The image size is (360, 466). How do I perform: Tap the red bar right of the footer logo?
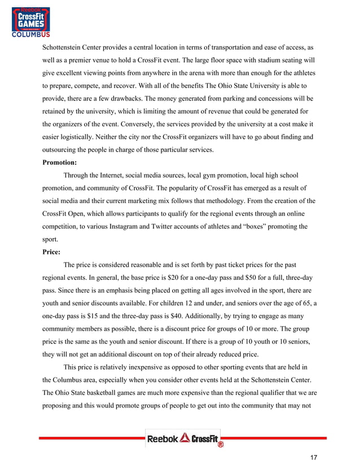coord(274,438)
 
